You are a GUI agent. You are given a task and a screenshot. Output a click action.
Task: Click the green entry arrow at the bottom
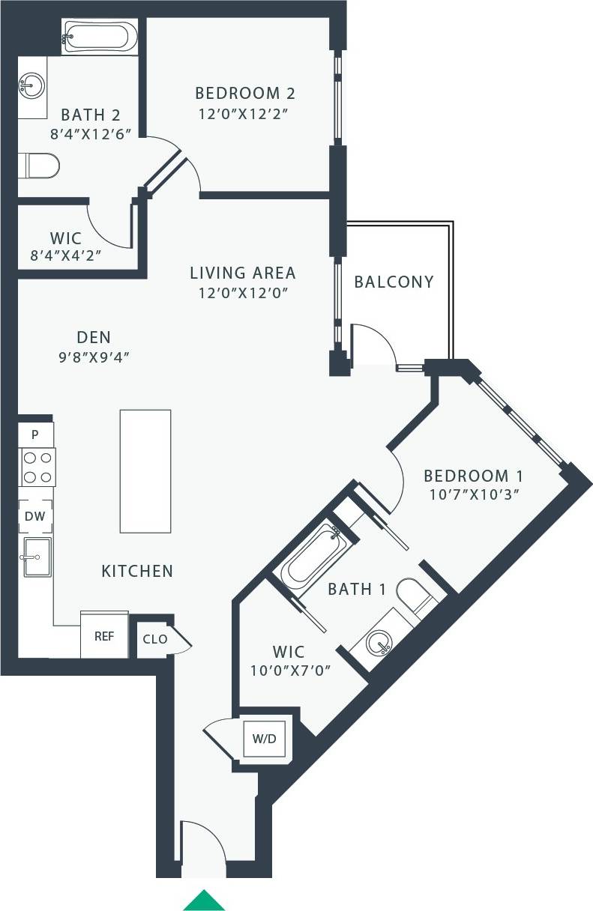coord(204,901)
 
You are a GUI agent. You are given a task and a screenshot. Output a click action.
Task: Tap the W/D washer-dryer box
coord(264,739)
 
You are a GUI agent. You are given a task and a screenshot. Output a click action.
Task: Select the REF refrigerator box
coord(104,636)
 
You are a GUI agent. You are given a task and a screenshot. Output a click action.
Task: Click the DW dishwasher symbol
coord(35,516)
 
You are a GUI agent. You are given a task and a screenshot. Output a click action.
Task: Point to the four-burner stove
coord(37,467)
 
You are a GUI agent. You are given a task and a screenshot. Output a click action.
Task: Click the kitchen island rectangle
coord(145,471)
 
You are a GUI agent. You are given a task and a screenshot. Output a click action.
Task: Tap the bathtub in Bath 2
coord(100,35)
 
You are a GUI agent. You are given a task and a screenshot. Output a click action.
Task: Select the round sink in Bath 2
coord(31,85)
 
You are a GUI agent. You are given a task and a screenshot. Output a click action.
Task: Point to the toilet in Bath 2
coord(38,166)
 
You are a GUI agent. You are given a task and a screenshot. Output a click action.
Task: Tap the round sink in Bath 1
coord(379,642)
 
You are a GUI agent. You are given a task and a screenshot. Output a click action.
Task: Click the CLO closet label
coord(155,639)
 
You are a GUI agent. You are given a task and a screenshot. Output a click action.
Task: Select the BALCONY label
coord(394,282)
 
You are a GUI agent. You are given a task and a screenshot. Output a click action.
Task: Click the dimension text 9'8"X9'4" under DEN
coord(94,357)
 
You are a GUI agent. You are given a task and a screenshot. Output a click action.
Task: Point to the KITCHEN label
coord(137,572)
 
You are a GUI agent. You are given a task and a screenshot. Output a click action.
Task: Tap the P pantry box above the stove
coord(34,434)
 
